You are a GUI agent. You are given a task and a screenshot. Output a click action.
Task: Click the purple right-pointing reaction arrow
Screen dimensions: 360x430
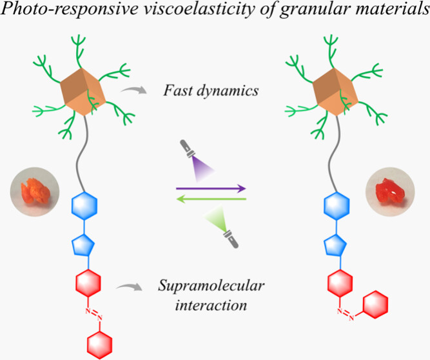click(x=211, y=189)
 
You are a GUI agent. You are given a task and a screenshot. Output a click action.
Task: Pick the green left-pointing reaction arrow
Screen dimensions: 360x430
click(x=211, y=199)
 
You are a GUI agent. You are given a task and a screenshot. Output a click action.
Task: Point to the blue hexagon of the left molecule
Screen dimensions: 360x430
click(x=88, y=208)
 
